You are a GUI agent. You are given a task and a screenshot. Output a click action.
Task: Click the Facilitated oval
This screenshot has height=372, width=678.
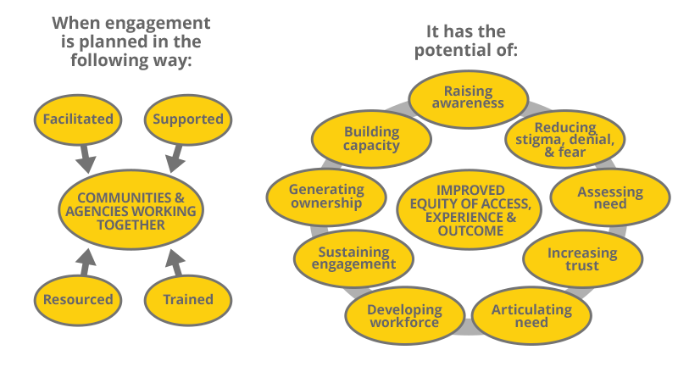[78, 119]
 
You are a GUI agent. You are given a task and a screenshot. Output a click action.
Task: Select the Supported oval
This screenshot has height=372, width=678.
[187, 119]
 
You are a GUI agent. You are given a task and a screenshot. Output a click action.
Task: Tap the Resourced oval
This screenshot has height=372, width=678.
[78, 299]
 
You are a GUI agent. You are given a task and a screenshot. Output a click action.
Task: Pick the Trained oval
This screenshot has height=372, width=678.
[187, 299]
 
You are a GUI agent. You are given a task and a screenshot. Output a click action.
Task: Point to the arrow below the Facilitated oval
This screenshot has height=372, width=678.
[86, 158]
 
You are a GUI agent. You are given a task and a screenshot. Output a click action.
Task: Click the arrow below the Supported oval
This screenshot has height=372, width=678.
[175, 158]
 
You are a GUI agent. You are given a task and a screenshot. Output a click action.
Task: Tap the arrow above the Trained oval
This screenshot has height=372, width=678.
[175, 262]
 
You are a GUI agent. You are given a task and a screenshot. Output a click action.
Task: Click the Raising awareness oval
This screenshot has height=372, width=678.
[468, 97]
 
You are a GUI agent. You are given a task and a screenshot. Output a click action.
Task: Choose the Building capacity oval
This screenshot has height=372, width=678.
[371, 139]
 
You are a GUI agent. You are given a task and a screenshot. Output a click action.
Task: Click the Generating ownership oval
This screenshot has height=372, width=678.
[326, 197]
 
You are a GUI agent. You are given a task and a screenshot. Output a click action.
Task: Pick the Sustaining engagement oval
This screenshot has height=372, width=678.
[353, 258]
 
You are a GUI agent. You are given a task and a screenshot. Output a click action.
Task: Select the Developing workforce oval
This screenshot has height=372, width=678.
[404, 316]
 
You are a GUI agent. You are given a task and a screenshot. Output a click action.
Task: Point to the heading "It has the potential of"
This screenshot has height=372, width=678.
[465, 42]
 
